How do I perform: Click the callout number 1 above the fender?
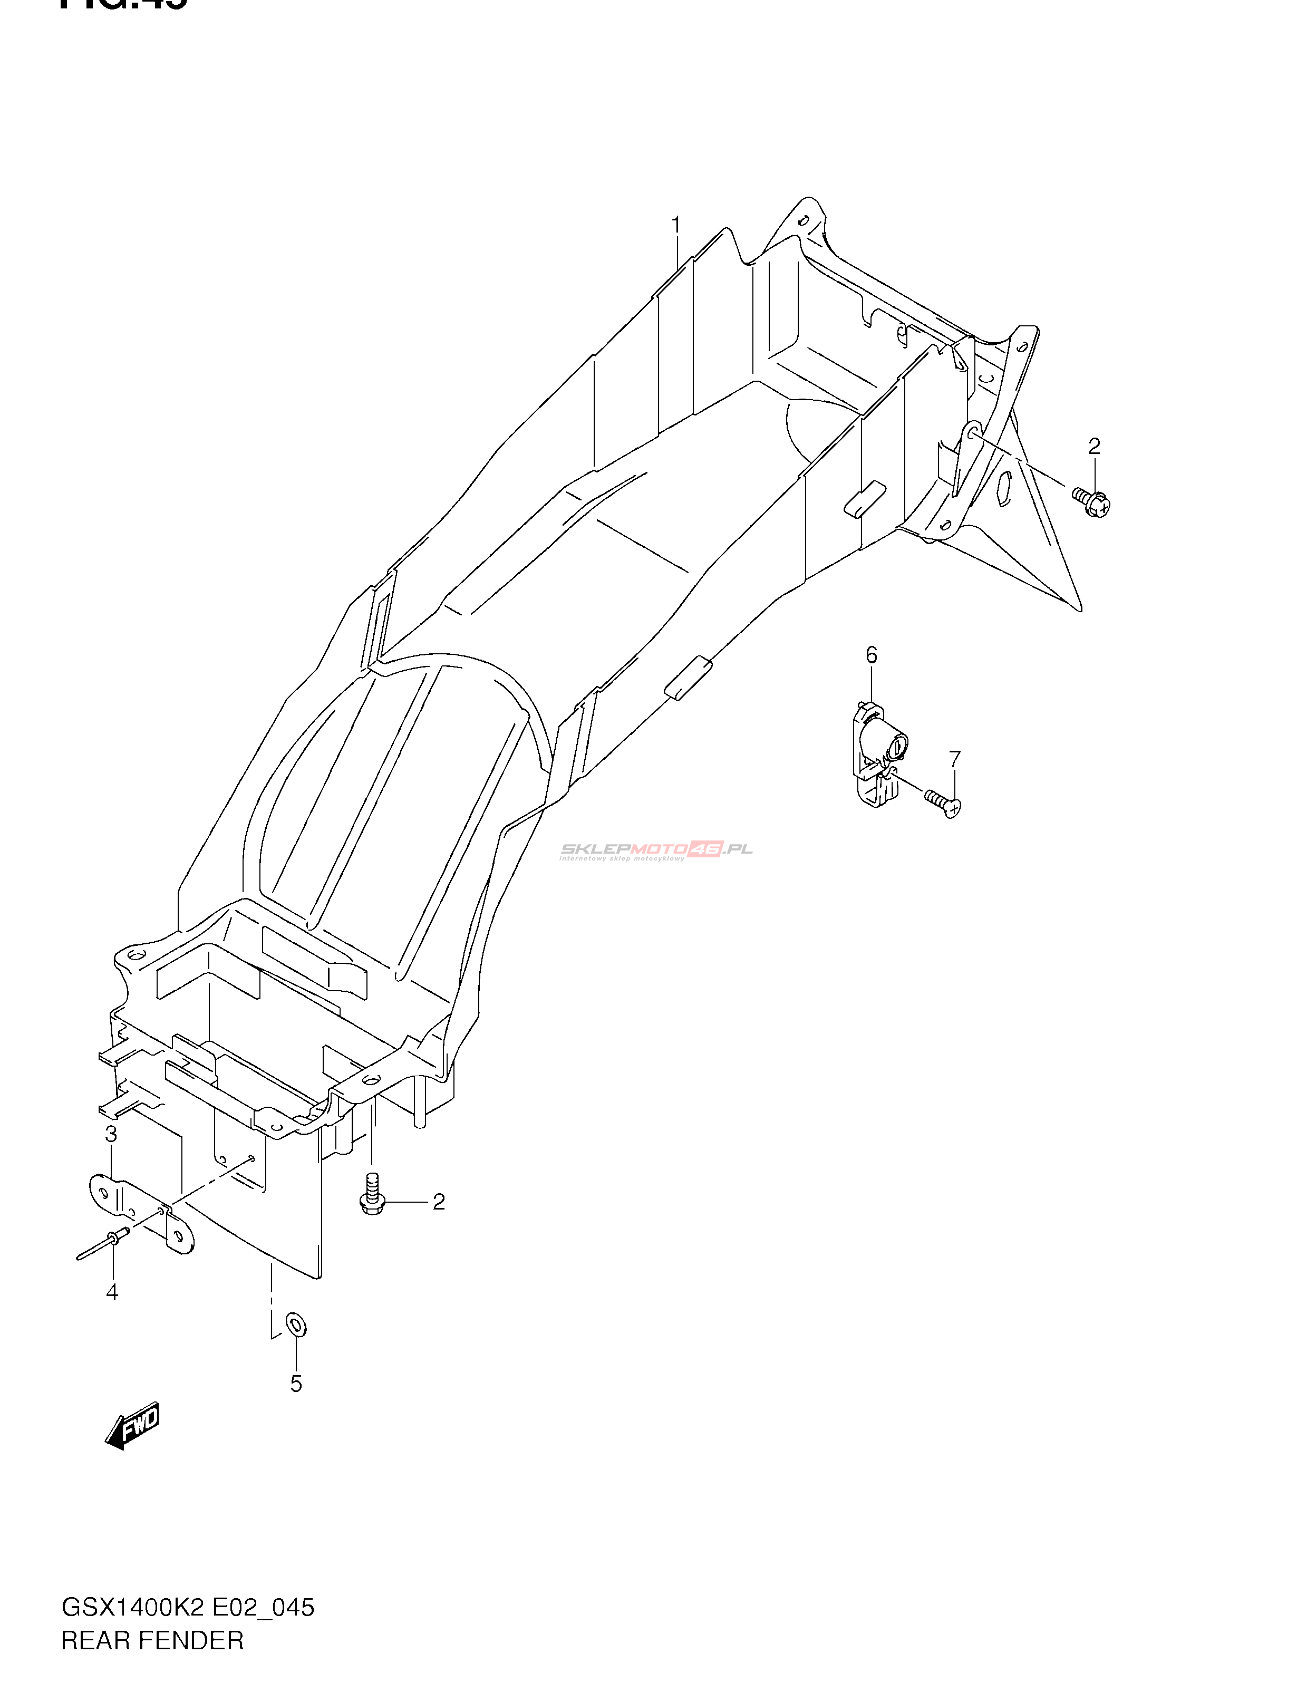click(676, 225)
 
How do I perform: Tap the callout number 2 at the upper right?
click(1094, 447)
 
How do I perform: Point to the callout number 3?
click(111, 1135)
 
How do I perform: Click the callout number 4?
click(112, 1292)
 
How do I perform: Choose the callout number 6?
click(871, 655)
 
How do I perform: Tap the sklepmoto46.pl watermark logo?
click(656, 850)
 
